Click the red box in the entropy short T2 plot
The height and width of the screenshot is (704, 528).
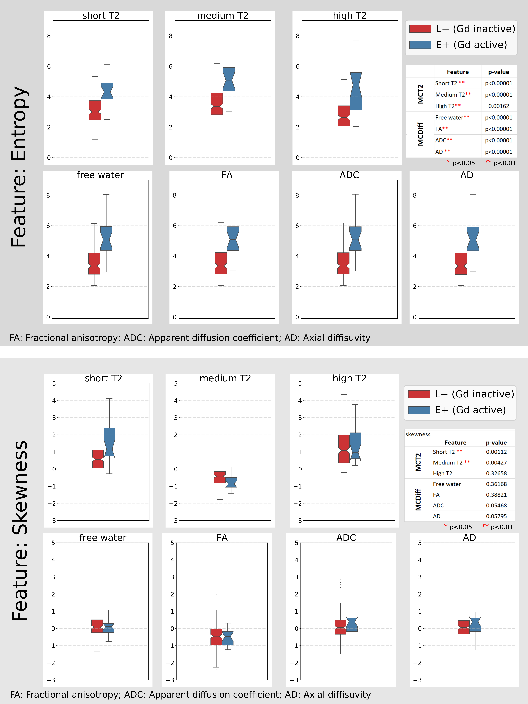click(95, 110)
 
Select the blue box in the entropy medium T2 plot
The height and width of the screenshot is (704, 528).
click(229, 79)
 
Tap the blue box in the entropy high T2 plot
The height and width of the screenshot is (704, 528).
click(356, 91)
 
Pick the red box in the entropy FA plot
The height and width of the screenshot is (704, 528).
click(221, 263)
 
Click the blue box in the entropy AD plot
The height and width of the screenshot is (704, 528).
click(473, 239)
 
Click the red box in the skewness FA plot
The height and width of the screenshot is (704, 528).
click(216, 637)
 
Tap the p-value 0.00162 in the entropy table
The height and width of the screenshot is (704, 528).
click(498, 106)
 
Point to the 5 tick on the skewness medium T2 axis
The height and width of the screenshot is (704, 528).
click(176, 384)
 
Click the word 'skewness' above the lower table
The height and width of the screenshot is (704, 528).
click(418, 434)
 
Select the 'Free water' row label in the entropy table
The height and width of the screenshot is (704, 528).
click(449, 117)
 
